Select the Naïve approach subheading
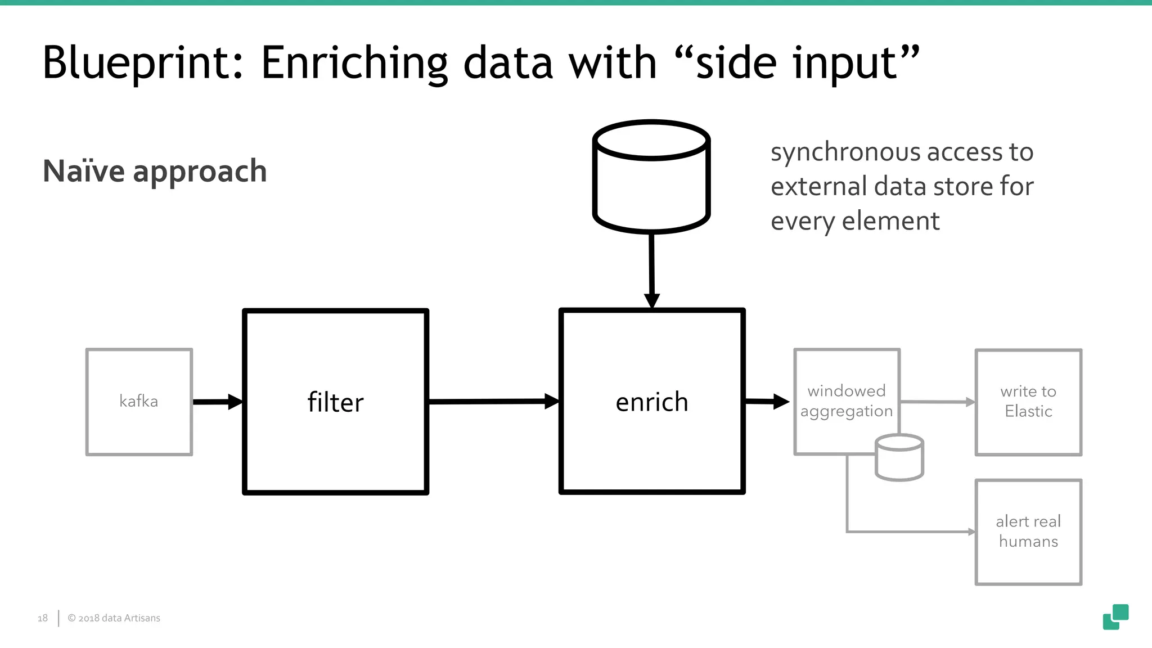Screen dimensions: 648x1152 155,171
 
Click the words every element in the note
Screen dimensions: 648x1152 854,221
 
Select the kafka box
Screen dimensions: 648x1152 139,402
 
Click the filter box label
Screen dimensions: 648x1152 335,403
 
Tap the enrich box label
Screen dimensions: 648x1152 651,403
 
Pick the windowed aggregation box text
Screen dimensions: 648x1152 846,400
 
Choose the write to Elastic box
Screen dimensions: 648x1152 1028,402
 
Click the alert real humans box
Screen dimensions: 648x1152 1028,532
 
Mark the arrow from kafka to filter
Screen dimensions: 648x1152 217,402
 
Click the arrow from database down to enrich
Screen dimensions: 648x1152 651,270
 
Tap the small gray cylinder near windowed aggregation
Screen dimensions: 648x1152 899,458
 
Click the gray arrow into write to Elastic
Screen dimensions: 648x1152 937,402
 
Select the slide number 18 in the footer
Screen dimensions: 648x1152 43,618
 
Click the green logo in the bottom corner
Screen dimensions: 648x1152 1115,617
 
